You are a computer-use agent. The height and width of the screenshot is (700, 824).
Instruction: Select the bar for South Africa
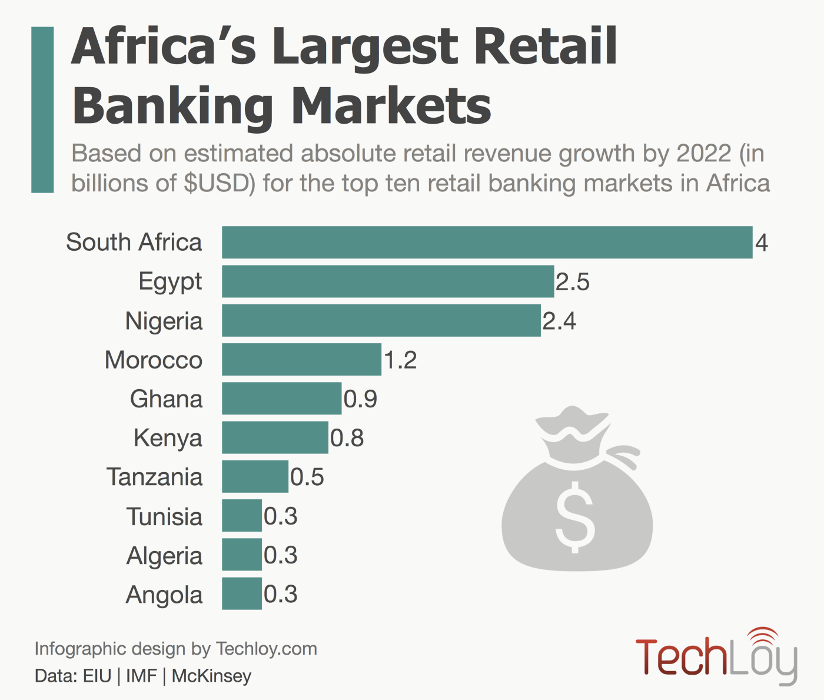[x=487, y=242]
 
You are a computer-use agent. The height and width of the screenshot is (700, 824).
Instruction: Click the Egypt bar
[x=388, y=281]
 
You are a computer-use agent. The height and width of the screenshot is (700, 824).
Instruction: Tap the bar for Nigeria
[x=381, y=320]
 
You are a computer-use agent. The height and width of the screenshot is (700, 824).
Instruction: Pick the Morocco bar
[x=301, y=359]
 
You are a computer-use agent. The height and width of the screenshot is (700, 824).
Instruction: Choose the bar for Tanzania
[x=255, y=476]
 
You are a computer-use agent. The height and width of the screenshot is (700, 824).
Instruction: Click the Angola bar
[x=241, y=593]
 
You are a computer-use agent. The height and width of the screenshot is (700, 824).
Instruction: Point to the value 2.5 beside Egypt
[x=572, y=282]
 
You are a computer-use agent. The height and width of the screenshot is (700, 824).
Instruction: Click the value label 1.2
[x=400, y=360]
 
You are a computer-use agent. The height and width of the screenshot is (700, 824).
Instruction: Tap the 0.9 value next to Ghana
[x=360, y=399]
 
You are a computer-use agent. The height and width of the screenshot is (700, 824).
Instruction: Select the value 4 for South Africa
[x=762, y=243]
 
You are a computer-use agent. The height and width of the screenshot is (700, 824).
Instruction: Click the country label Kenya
[x=168, y=438]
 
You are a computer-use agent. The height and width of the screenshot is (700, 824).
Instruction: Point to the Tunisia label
[x=165, y=517]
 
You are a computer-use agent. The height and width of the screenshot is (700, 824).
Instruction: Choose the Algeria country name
[x=164, y=556]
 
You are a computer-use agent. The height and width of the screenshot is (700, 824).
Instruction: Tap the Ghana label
[x=166, y=399]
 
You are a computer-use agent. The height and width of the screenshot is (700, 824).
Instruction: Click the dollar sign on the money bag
[x=575, y=517]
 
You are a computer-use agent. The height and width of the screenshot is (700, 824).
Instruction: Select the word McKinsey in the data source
[x=211, y=676]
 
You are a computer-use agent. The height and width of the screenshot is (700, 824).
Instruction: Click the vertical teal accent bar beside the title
[x=42, y=110]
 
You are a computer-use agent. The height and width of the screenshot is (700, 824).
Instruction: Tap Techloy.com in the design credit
[x=267, y=649]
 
